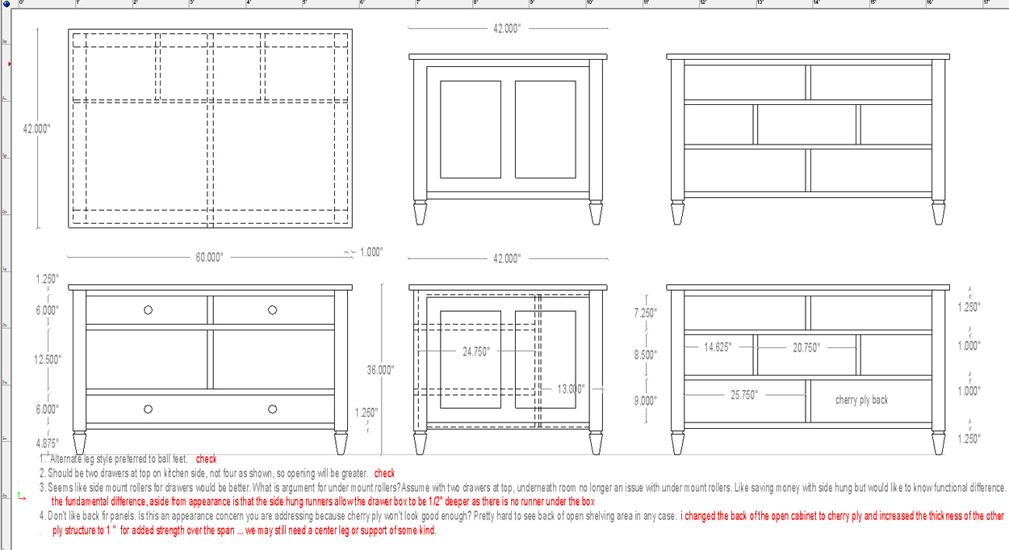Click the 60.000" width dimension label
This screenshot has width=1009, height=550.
[x=209, y=258]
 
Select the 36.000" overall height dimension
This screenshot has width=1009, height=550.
[x=381, y=370]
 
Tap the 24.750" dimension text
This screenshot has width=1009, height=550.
[x=476, y=351]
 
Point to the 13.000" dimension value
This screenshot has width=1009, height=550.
[x=571, y=389]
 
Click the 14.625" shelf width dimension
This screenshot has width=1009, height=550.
[x=718, y=347]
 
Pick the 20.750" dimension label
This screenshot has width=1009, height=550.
[x=806, y=347]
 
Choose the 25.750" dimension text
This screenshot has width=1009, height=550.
[x=744, y=396]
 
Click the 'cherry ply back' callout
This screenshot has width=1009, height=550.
[x=862, y=400]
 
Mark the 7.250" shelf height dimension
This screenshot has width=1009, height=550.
[x=646, y=313]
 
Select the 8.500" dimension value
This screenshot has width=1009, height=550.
[x=646, y=355]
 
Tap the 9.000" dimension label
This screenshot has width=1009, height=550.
[x=646, y=401]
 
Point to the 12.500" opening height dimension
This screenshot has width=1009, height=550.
[x=48, y=359]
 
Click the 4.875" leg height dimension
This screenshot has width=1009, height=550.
[x=48, y=443]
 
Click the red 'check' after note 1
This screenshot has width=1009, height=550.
[x=206, y=459]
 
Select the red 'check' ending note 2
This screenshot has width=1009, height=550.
[x=384, y=473]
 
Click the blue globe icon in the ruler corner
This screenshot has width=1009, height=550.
[x=6, y=4]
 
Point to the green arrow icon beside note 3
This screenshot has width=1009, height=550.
[x=21, y=497]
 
